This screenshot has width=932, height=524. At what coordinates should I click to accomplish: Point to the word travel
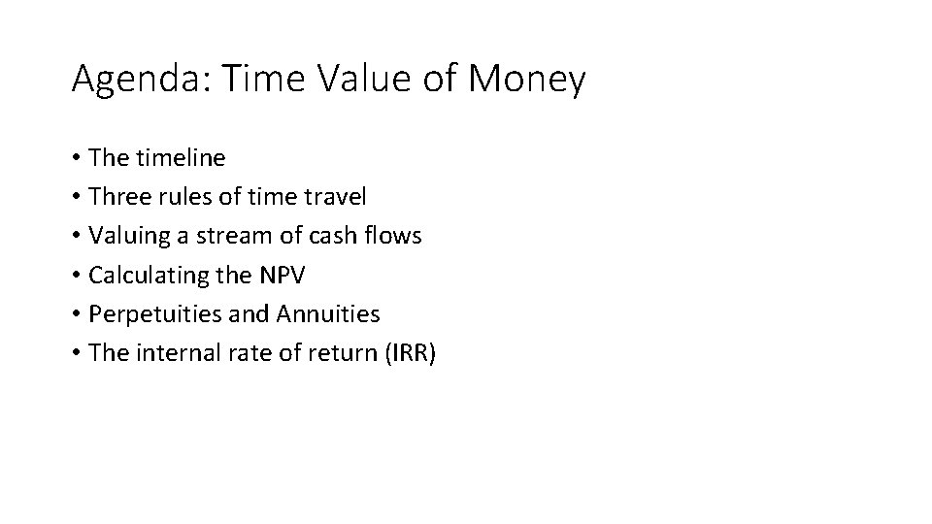[335, 197]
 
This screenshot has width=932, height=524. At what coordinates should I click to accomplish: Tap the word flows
[394, 236]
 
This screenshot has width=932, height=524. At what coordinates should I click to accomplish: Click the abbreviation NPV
[282, 276]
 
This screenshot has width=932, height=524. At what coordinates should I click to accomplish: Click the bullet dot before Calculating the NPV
[76, 276]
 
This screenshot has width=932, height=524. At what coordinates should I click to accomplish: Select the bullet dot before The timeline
[76, 158]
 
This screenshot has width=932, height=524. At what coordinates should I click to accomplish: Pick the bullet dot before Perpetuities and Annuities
[76, 314]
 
